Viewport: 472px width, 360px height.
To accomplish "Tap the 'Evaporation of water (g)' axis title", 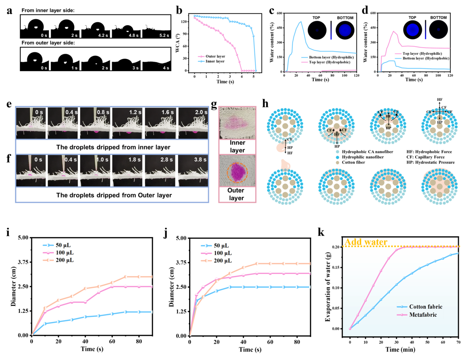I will (327, 288).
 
